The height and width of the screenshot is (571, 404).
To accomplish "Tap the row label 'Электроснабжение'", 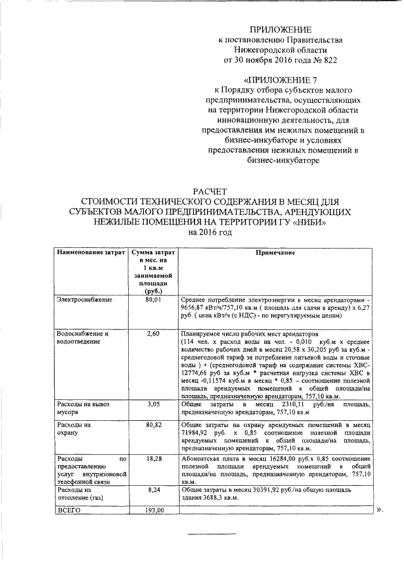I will click(x=84, y=300).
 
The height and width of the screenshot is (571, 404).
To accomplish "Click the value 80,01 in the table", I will click(x=153, y=300).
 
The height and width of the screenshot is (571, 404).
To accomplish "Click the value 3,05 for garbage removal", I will click(x=153, y=402).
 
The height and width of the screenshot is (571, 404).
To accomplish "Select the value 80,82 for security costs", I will click(x=153, y=426).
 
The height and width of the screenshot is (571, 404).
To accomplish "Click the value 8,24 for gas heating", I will click(x=153, y=488).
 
